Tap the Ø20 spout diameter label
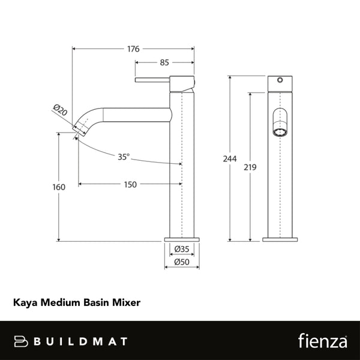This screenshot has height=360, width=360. click(60, 110)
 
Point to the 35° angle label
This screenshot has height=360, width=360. click(123, 157)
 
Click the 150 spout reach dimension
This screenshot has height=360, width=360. click(129, 185)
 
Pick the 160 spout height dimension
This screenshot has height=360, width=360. click(59, 187)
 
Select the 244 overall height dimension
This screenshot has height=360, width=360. click(229, 159)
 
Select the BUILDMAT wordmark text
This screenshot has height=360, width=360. click(81, 341)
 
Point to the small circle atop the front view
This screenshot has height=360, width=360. click(280, 80)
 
